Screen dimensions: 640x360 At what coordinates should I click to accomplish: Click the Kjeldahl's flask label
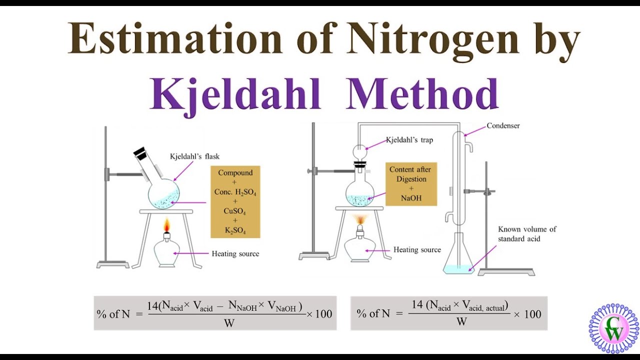[x=194, y=156]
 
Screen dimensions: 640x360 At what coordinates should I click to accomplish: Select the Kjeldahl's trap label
[x=409, y=140]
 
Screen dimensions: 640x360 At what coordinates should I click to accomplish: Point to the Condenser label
[x=503, y=125]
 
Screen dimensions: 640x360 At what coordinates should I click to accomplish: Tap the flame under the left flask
[x=167, y=225]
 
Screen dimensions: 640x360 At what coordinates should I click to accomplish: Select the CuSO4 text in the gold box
[x=235, y=211]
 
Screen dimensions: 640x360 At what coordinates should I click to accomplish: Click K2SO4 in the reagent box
[x=235, y=230]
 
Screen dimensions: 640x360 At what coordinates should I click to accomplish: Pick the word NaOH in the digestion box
[x=411, y=198]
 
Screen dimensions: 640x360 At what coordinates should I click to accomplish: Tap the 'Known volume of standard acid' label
[x=527, y=234]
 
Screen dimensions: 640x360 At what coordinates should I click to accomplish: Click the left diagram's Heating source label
[x=235, y=253]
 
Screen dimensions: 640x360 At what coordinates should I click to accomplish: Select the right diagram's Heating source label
[x=417, y=249]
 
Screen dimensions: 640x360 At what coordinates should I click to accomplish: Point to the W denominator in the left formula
[x=229, y=323]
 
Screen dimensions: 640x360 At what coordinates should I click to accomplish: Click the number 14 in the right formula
[x=417, y=304]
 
